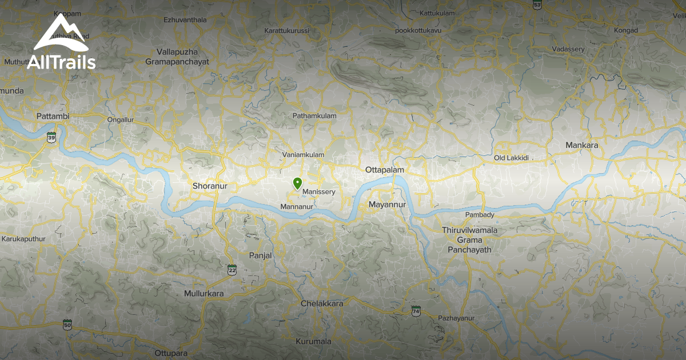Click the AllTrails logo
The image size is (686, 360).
(61, 43)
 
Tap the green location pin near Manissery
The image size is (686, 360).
(297, 183)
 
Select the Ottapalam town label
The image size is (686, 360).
(385, 170)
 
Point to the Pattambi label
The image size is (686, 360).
(53, 117)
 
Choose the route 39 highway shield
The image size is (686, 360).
(52, 137)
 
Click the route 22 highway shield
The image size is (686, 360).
(232, 269)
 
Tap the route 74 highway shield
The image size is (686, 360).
(416, 310)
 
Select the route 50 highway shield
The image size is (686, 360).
(67, 325)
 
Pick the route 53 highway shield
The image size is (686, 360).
(537, 5)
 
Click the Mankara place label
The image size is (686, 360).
(581, 146)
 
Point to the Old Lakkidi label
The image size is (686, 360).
(512, 157)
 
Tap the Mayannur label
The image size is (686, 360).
(387, 205)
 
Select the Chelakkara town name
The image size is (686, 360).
(322, 303)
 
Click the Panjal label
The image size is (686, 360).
(260, 255)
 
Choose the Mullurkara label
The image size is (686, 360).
(204, 294)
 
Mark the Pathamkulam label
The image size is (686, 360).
(314, 115)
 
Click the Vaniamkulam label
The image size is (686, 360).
(303, 155)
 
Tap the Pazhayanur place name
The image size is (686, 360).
(456, 318)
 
